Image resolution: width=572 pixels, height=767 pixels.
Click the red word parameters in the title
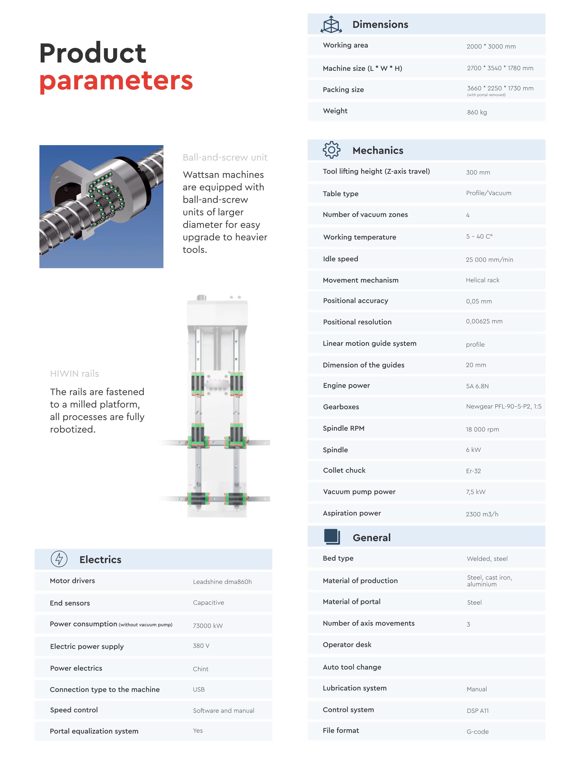(116, 81)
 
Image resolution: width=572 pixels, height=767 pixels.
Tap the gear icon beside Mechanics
(331, 150)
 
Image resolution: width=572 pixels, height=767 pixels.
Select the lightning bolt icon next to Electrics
(59, 559)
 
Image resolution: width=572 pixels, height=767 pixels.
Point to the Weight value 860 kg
(477, 112)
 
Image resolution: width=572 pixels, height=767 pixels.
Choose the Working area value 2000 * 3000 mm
(491, 46)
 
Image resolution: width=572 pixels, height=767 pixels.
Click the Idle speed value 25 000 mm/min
(489, 260)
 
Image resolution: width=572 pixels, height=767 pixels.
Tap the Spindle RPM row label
(343, 428)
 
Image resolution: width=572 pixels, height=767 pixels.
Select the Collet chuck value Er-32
(473, 471)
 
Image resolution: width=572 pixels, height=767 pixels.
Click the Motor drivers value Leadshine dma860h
(222, 581)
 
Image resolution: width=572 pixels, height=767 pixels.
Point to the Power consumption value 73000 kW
(208, 625)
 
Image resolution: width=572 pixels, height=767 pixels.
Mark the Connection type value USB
(199, 689)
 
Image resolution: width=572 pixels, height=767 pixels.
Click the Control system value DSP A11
(478, 711)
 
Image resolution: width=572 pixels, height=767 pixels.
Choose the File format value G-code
(478, 731)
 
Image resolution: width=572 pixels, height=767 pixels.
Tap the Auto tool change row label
(352, 667)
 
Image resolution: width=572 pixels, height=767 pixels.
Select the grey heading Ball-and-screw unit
(225, 157)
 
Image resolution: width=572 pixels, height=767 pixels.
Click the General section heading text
(372, 538)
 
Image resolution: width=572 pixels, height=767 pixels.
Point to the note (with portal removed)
(486, 95)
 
